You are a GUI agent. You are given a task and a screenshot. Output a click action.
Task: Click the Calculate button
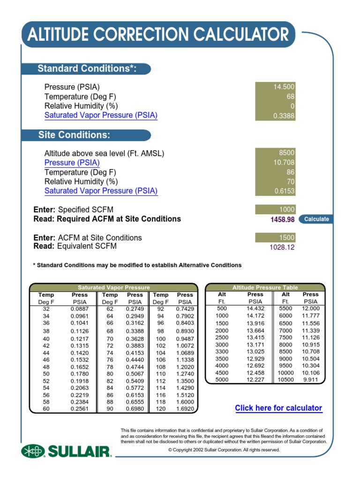pos(316,219)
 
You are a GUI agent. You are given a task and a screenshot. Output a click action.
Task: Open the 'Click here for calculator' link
pos(278,408)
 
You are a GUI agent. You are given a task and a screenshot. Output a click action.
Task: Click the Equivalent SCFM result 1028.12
pos(282,247)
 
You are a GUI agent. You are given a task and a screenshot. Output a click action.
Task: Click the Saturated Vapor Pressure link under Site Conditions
pos(101,191)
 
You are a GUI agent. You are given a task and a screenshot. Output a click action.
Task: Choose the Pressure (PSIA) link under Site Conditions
pos(72,163)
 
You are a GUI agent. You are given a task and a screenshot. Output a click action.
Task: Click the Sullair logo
pos(66,451)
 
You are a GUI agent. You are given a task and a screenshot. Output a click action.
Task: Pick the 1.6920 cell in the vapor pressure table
pos(185,409)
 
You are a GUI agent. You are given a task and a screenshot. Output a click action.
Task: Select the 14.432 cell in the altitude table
pos(255,308)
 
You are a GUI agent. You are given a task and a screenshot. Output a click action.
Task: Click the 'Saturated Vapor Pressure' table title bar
pos(113,287)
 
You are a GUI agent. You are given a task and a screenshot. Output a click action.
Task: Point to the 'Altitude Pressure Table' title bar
pos(265,287)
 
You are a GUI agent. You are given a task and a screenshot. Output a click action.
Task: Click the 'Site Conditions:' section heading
pos(74,135)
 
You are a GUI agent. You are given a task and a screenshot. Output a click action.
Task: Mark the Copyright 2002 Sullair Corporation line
pos(224,450)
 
